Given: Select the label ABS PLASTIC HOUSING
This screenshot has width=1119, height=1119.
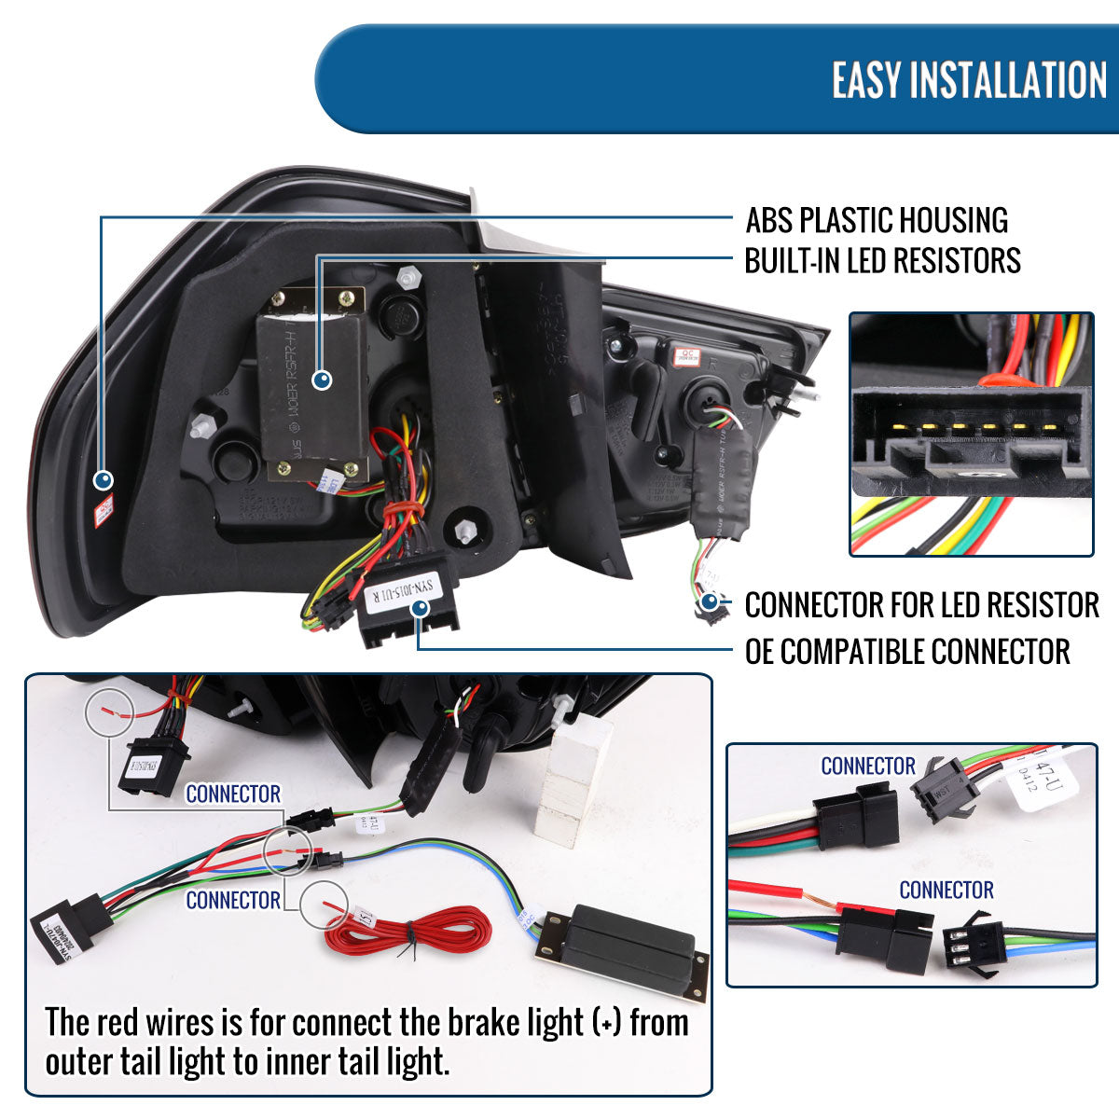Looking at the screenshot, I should [877, 221].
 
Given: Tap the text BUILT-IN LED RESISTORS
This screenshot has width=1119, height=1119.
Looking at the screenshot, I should [882, 261].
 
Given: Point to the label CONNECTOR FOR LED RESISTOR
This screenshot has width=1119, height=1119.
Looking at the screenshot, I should [921, 605].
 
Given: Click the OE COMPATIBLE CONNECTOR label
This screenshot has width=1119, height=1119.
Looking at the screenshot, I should [906, 652].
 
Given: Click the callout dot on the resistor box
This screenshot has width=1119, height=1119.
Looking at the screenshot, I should [322, 380].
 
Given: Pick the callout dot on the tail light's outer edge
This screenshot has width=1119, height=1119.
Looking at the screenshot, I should [103, 480].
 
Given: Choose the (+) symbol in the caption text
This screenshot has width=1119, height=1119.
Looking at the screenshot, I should [606, 1023].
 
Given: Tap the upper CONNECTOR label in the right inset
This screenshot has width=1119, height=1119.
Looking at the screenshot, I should [867, 767].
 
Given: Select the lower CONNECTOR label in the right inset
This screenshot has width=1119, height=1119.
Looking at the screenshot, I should [946, 890].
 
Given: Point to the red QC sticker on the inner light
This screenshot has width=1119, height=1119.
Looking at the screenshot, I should [690, 354].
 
